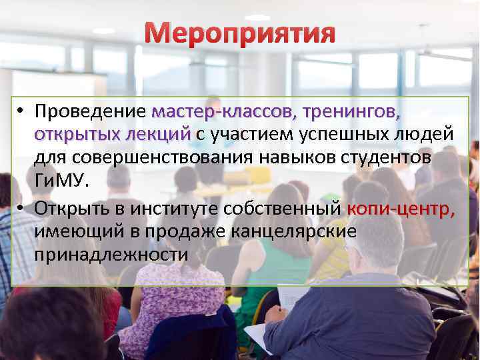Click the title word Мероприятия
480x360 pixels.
pos(240,33)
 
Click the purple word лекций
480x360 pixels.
pos(158,134)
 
